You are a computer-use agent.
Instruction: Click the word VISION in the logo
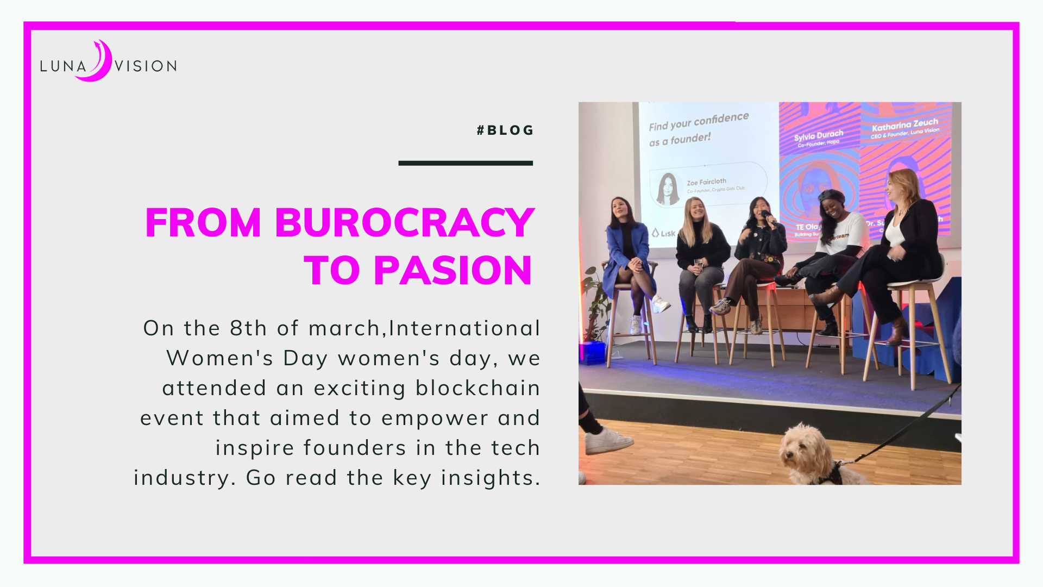click(x=146, y=66)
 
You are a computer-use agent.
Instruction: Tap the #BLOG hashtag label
click(x=505, y=130)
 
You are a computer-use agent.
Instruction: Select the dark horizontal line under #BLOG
click(x=466, y=163)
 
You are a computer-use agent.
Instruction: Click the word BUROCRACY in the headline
click(x=404, y=223)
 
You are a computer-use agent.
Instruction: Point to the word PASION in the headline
click(x=453, y=271)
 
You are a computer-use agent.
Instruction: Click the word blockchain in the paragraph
click(x=477, y=388)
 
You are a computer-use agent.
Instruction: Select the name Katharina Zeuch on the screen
click(x=904, y=125)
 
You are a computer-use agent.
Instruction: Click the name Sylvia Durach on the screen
click(x=818, y=135)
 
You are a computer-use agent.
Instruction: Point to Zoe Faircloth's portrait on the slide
click(x=668, y=189)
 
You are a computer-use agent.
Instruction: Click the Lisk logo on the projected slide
click(x=663, y=233)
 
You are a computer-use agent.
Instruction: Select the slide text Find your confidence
click(x=698, y=121)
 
